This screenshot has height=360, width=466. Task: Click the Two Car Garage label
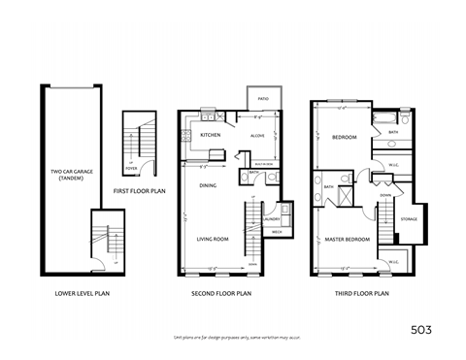70,176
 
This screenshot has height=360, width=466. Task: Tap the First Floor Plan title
139,192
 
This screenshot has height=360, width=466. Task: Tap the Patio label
263,99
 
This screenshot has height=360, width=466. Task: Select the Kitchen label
210,135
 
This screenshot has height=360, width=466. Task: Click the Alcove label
258,136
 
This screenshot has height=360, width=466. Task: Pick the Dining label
208,184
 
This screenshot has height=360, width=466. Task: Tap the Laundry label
271,219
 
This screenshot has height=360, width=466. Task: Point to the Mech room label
276,233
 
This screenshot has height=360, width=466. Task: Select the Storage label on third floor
409,219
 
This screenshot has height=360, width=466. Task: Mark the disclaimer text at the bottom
233,336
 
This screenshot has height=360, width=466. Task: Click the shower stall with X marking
342,191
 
